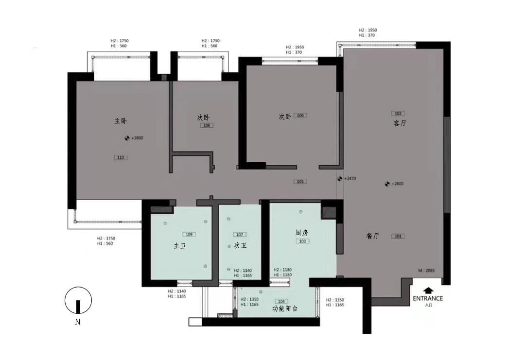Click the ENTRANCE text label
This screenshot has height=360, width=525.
point(428,298)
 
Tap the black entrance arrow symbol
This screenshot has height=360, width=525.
point(428,290)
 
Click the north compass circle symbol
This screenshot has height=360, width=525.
point(78,300)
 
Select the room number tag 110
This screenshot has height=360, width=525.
point(121,157)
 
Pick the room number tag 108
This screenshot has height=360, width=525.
point(207,125)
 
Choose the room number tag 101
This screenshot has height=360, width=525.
point(398,237)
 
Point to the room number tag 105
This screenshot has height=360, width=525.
point(300,182)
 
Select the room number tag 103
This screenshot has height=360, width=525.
point(302,241)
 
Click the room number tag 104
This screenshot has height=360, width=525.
point(281,301)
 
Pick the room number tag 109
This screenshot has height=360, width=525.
point(189,235)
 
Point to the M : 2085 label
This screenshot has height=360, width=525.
point(427,270)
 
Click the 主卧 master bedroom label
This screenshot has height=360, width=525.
point(121,121)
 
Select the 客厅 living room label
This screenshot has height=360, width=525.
point(400,123)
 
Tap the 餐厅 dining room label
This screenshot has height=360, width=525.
point(372,236)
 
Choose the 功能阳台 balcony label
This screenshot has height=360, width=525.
point(285,309)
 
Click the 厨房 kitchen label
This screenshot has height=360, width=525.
point(302,233)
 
